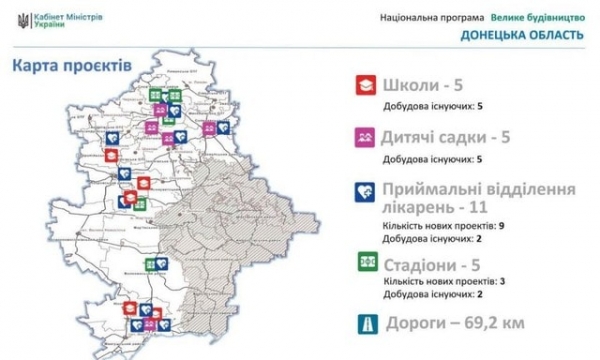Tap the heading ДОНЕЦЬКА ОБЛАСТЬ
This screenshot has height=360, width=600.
(523, 36)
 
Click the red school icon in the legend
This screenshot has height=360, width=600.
(364, 87)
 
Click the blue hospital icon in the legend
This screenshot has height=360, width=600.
(364, 191)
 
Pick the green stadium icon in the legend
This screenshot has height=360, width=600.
(364, 263)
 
